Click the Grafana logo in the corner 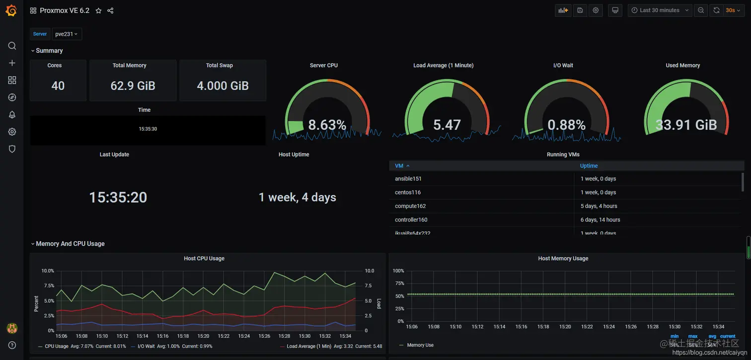pyautogui.click(x=11, y=10)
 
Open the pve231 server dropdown pyautogui.click(x=67, y=34)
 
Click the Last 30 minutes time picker pyautogui.click(x=660, y=10)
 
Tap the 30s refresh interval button pyautogui.click(x=733, y=10)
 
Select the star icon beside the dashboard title pyautogui.click(x=98, y=11)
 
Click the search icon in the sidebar pyautogui.click(x=12, y=46)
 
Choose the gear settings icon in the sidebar pyautogui.click(x=12, y=132)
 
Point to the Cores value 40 pyautogui.click(x=58, y=86)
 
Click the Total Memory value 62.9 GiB pyautogui.click(x=133, y=86)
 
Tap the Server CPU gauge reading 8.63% pyautogui.click(x=327, y=125)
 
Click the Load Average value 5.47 pyautogui.click(x=447, y=125)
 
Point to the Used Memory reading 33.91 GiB pyautogui.click(x=686, y=125)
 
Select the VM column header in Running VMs pyautogui.click(x=399, y=166)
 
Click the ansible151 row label pyautogui.click(x=408, y=179)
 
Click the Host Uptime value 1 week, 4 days pyautogui.click(x=297, y=198)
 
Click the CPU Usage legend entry pyautogui.click(x=56, y=346)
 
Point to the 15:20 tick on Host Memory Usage pyautogui.click(x=565, y=327)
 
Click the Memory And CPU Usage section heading pyautogui.click(x=70, y=244)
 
